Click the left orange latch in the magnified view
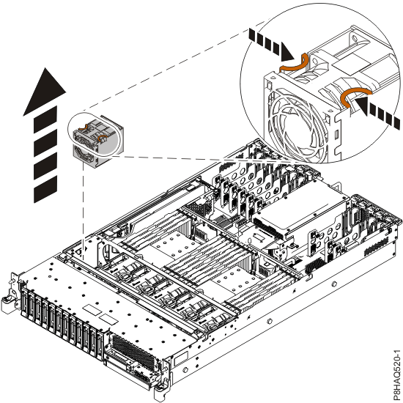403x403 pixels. tap(294, 65)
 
